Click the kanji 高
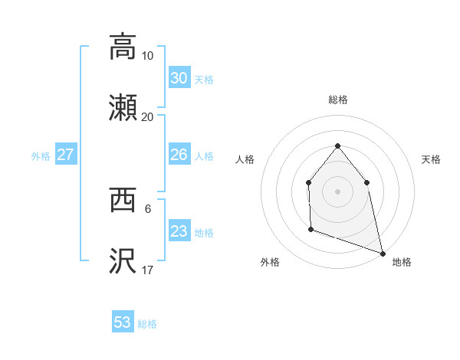(123, 46)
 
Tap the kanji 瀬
(123, 108)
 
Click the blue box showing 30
(179, 78)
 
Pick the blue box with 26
(179, 155)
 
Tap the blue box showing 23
(179, 231)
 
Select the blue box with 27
(66, 155)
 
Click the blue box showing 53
(123, 322)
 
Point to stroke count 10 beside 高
(147, 56)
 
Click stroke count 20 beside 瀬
(147, 117)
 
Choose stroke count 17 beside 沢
(147, 270)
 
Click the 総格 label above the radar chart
(337, 100)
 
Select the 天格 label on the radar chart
(431, 159)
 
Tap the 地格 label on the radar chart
(402, 262)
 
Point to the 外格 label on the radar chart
(270, 262)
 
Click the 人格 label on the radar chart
(245, 159)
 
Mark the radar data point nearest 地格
(382, 253)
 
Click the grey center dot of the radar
(337, 191)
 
